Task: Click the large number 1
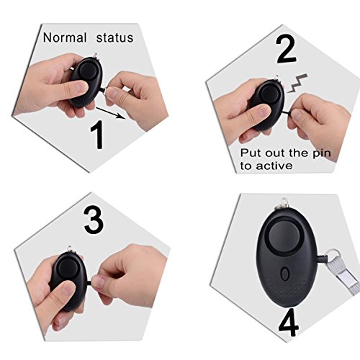click(97, 135)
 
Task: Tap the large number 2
click(286, 50)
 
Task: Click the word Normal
click(65, 37)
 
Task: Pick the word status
click(114, 38)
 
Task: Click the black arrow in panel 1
click(111, 113)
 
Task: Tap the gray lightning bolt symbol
click(297, 84)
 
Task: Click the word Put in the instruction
click(251, 153)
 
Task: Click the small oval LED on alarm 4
click(285, 274)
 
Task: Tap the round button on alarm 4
click(284, 236)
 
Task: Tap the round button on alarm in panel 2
click(269, 94)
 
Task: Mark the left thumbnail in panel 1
click(81, 86)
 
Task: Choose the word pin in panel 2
click(322, 153)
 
